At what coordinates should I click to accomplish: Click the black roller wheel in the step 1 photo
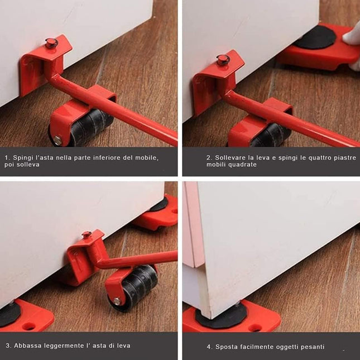[90, 126]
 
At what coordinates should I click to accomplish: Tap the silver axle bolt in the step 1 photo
[57, 141]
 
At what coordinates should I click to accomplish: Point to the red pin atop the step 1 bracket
[51, 43]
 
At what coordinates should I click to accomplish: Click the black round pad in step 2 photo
[315, 38]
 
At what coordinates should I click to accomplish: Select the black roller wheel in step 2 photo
[270, 136]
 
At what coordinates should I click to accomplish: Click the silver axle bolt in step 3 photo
[117, 301]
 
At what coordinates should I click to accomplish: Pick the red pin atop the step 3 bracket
[87, 234]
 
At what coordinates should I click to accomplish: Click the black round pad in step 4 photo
[221, 316]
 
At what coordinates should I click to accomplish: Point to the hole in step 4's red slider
[255, 328]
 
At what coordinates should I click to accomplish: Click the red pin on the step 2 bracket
[223, 60]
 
